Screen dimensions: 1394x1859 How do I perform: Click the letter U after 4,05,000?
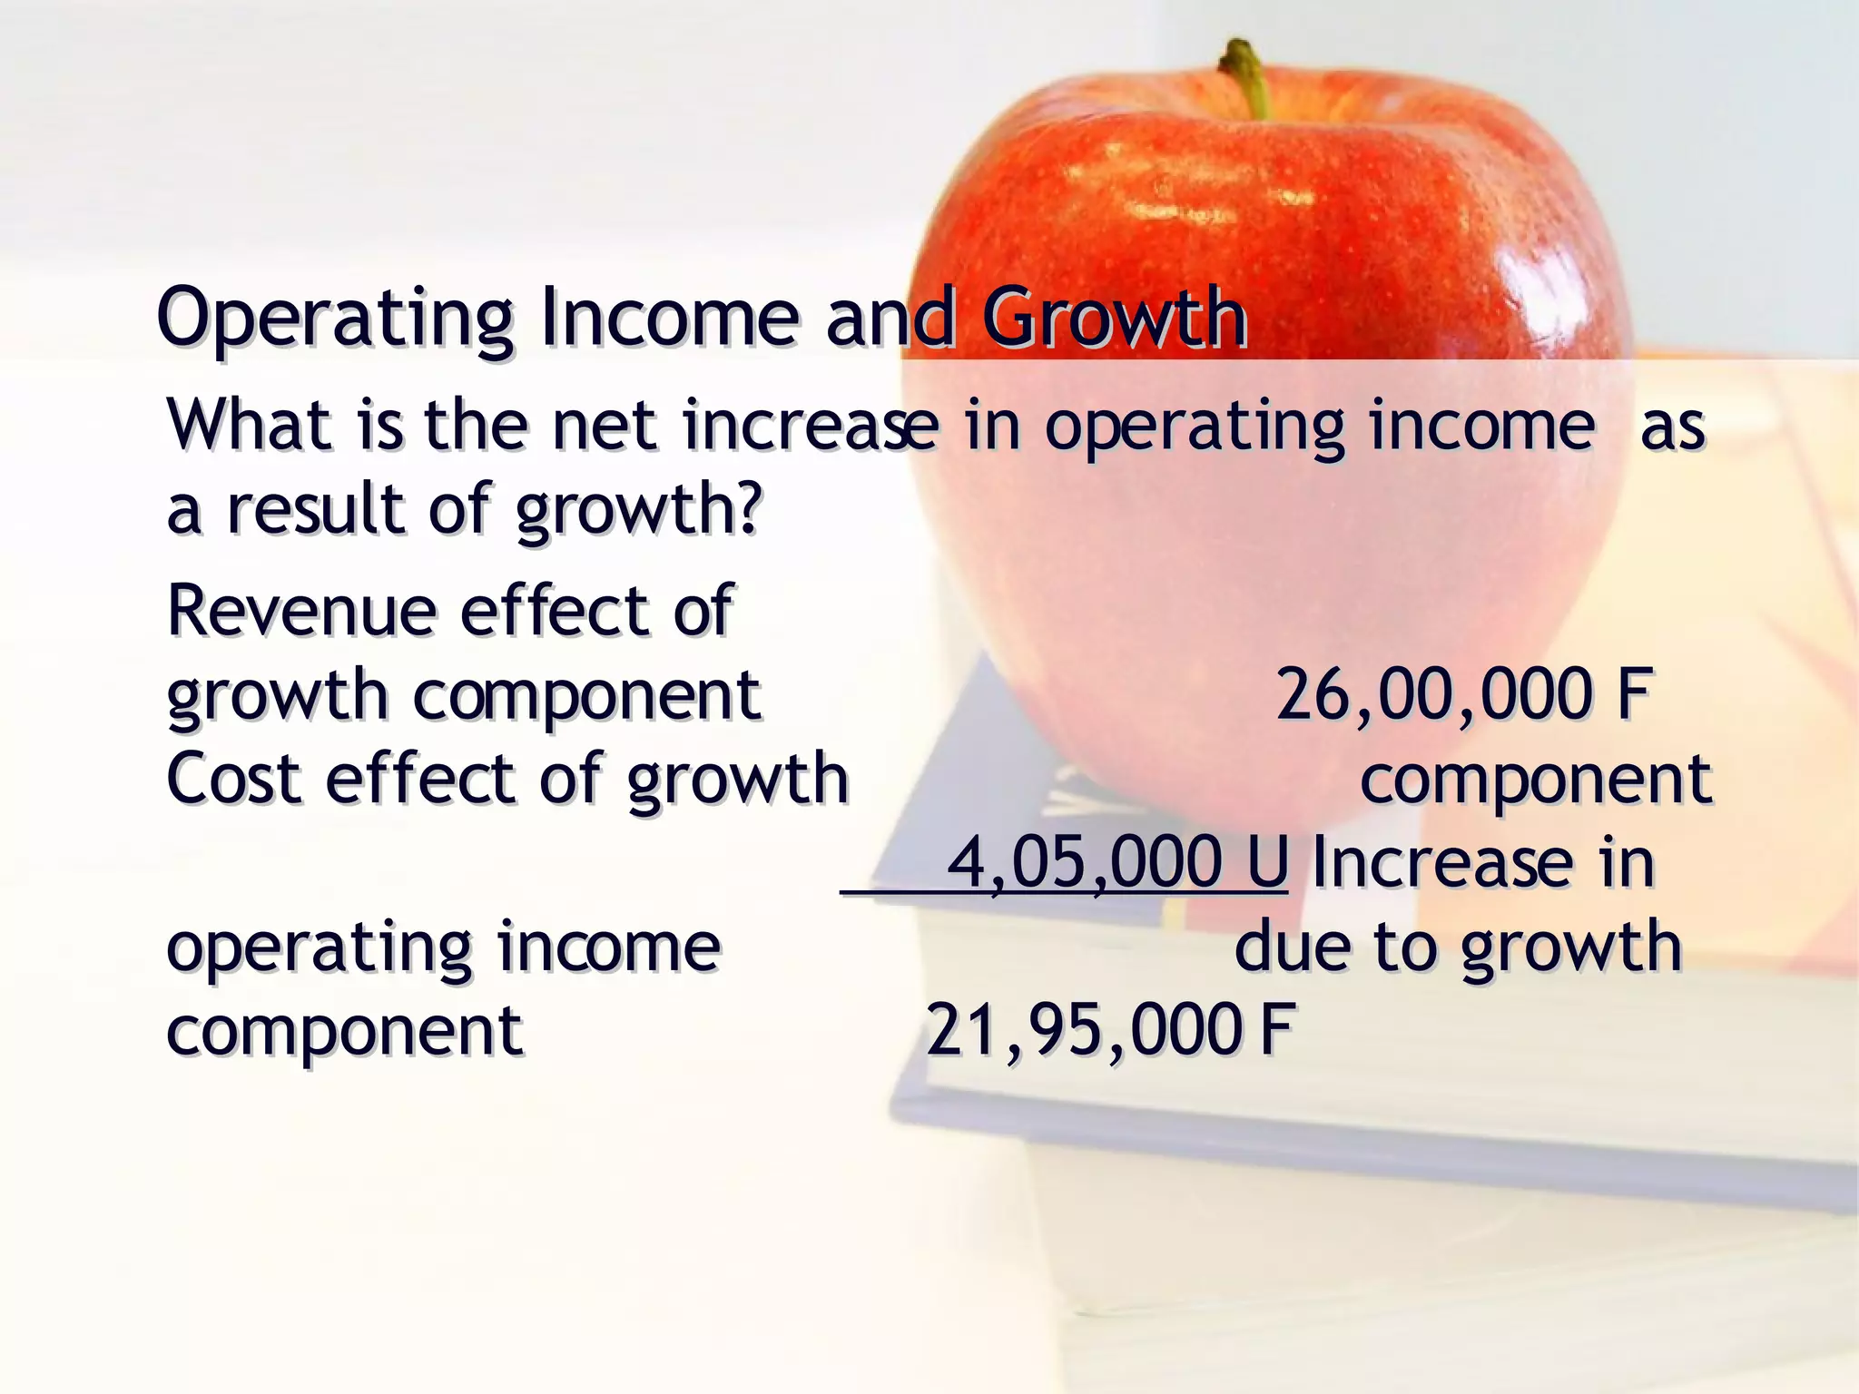coord(1266,861)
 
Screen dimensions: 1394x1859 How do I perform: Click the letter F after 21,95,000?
coord(1276,1030)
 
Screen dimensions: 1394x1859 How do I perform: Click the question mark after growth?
coord(747,508)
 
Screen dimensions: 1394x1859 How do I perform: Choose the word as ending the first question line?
coord(1673,427)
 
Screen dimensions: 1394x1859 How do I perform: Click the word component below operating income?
coord(344,1032)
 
